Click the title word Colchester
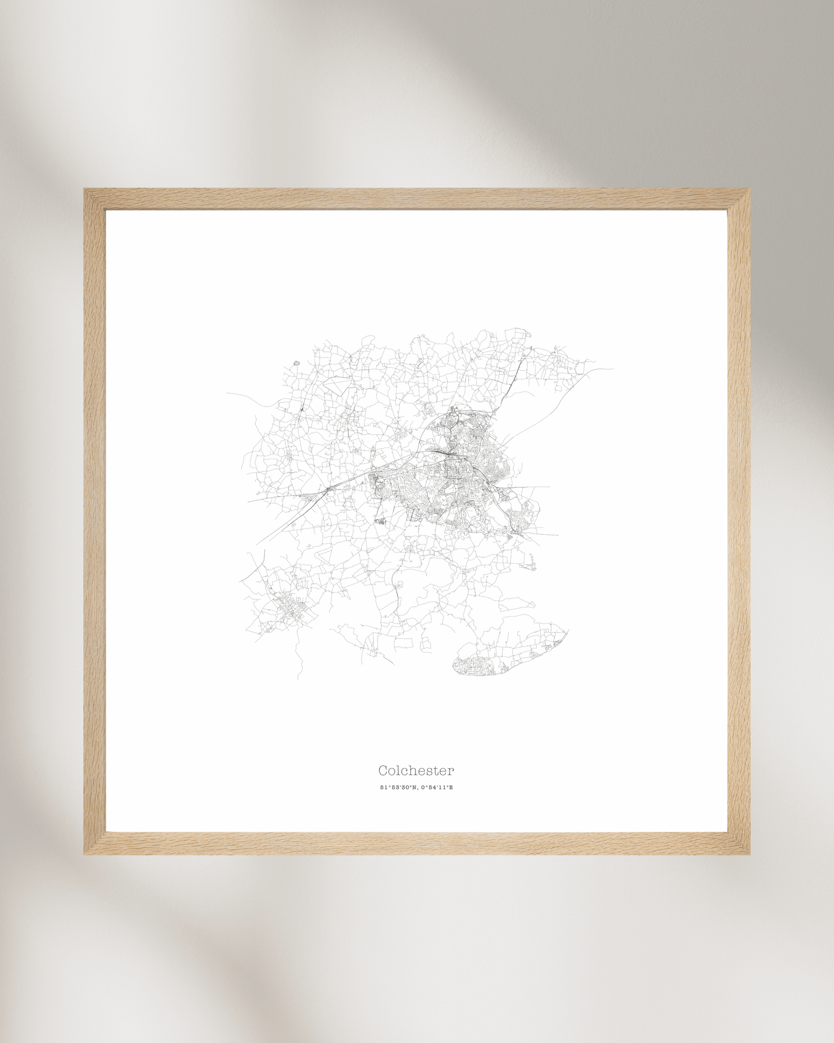pyautogui.click(x=416, y=770)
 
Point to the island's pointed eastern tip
pyautogui.click(x=569, y=631)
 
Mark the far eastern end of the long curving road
pyautogui.click(x=612, y=368)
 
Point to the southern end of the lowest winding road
pyautogui.click(x=298, y=678)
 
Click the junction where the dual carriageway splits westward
pyautogui.click(x=328, y=490)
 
